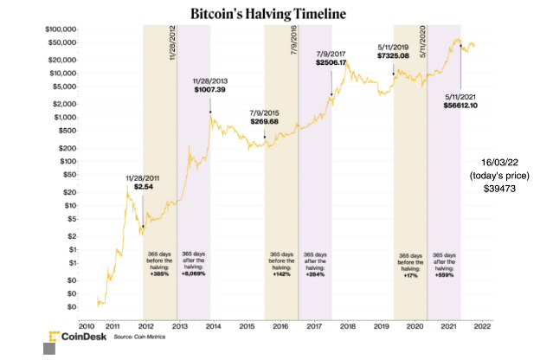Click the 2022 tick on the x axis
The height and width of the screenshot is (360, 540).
click(481, 325)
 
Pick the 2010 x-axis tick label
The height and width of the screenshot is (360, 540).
click(74, 325)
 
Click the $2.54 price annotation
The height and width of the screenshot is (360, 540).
click(142, 186)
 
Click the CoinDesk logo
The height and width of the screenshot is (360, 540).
click(73, 336)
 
